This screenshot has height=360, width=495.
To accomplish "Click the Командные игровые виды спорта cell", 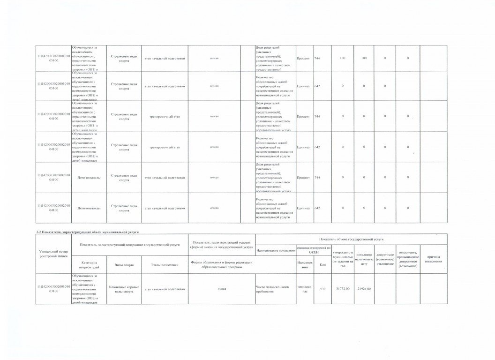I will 124,289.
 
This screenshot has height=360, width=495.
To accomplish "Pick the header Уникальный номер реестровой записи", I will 52,254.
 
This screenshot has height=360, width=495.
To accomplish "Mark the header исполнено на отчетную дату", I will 364,259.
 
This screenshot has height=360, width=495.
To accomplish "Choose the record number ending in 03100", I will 52,288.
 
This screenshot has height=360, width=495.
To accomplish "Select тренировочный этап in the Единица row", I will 164,147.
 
